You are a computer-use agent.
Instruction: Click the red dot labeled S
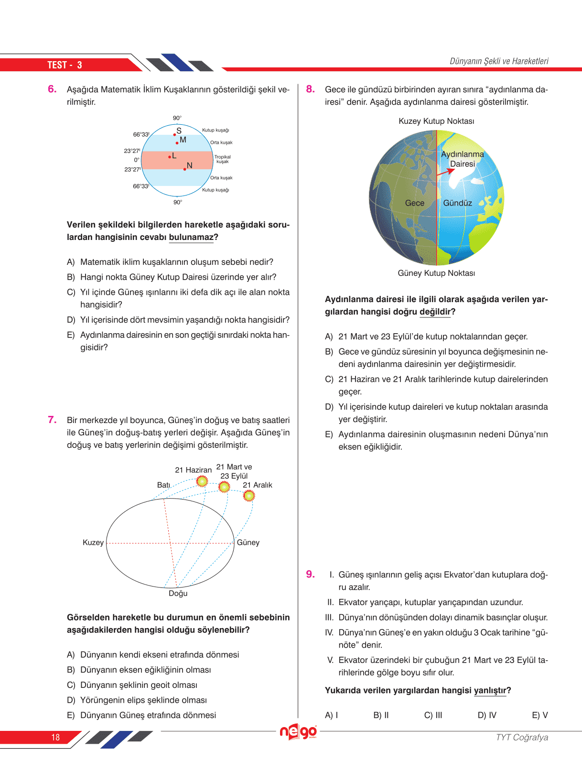[175, 134]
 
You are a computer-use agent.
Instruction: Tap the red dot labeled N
[185, 169]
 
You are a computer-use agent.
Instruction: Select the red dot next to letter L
[170, 157]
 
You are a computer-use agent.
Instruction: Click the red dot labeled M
[177, 142]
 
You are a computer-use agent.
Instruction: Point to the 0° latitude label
[137, 160]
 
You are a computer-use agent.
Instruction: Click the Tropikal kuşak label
[222, 159]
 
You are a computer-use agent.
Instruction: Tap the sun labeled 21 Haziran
[202, 481]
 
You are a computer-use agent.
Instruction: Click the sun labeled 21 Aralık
[248, 496]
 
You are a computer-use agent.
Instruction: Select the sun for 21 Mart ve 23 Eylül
[224, 487]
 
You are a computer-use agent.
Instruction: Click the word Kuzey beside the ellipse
[93, 543]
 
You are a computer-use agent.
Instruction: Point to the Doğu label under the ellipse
[178, 593]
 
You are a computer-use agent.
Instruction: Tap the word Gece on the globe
[414, 203]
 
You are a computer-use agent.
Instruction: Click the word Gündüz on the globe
[457, 203]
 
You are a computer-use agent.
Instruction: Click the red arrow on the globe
[446, 172]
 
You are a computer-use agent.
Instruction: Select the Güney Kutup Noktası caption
[436, 273]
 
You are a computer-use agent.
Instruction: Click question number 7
[52, 420]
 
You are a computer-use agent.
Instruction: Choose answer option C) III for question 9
[433, 715]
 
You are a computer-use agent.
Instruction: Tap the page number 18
[55, 737]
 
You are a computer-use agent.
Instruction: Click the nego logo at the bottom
[298, 731]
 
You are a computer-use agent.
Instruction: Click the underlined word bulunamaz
[191, 237]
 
